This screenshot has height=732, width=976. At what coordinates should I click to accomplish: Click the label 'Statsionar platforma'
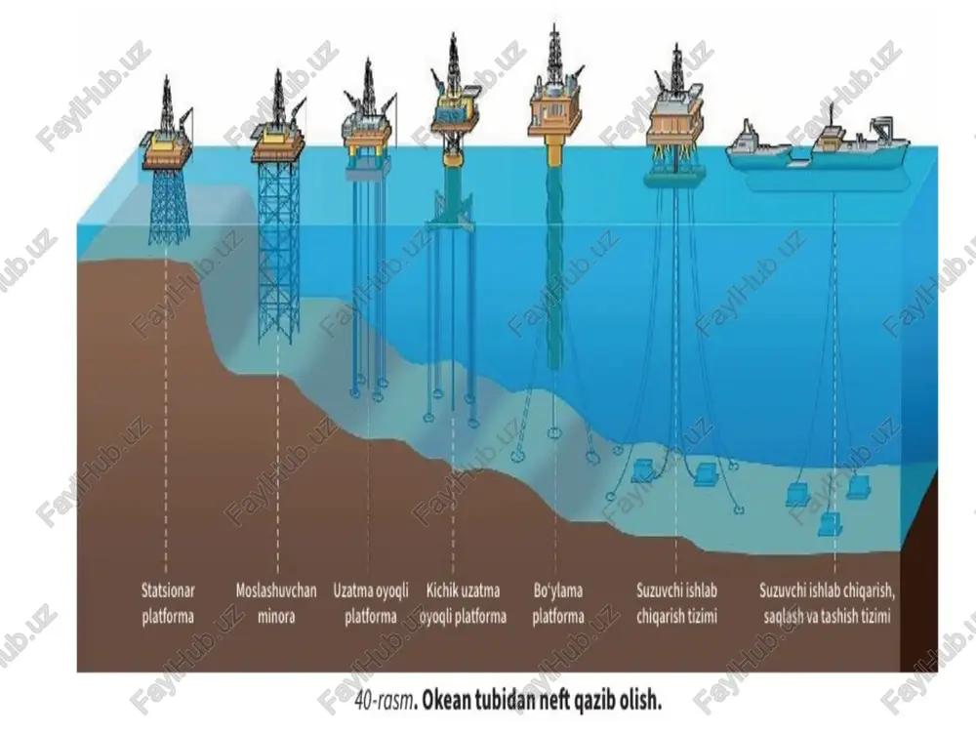[x=168, y=603]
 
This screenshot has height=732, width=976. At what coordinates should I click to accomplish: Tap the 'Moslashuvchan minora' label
[x=276, y=603]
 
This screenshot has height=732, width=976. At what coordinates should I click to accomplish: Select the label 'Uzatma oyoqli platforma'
[x=370, y=603]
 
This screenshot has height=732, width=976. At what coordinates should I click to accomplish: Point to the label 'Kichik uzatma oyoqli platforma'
[x=463, y=603]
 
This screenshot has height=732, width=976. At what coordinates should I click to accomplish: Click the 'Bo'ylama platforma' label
[x=557, y=603]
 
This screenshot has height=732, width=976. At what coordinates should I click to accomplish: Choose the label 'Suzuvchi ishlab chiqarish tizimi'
[x=676, y=603]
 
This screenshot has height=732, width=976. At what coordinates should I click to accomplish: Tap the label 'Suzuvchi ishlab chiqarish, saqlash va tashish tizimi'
[x=827, y=603]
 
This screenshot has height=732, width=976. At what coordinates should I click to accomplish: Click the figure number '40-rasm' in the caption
[x=385, y=701]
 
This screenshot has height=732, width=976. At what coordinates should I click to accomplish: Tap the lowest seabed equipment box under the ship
[x=830, y=524]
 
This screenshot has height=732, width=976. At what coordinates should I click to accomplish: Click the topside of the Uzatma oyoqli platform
[x=368, y=131]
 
